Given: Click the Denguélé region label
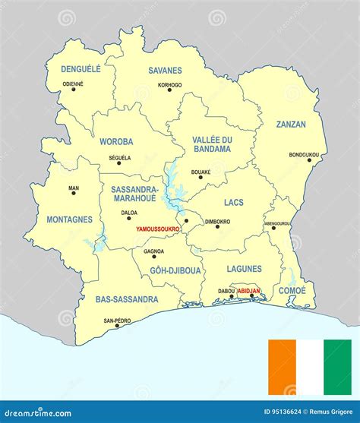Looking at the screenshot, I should pyautogui.click(x=81, y=68).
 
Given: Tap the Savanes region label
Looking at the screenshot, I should pyautogui.click(x=165, y=70).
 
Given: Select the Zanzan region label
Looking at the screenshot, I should pyautogui.click(x=291, y=124).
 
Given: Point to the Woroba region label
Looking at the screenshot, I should pyautogui.click(x=115, y=141).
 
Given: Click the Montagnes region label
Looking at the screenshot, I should pyautogui.click(x=69, y=219).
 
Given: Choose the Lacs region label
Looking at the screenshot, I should pyautogui.click(x=234, y=202).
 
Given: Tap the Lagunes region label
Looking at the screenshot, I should pyautogui.click(x=244, y=268).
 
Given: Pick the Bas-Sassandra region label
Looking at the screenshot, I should pyautogui.click(x=127, y=299).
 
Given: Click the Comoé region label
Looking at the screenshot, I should pyautogui.click(x=292, y=290).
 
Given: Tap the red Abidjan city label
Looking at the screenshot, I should pyautogui.click(x=248, y=290).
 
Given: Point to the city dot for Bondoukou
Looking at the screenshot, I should pyautogui.click(x=309, y=160).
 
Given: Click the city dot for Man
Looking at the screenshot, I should pyautogui.click(x=74, y=193).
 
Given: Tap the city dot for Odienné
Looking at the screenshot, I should pyautogui.click(x=74, y=90).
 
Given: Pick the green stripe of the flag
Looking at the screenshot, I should pyautogui.click(x=337, y=368).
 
